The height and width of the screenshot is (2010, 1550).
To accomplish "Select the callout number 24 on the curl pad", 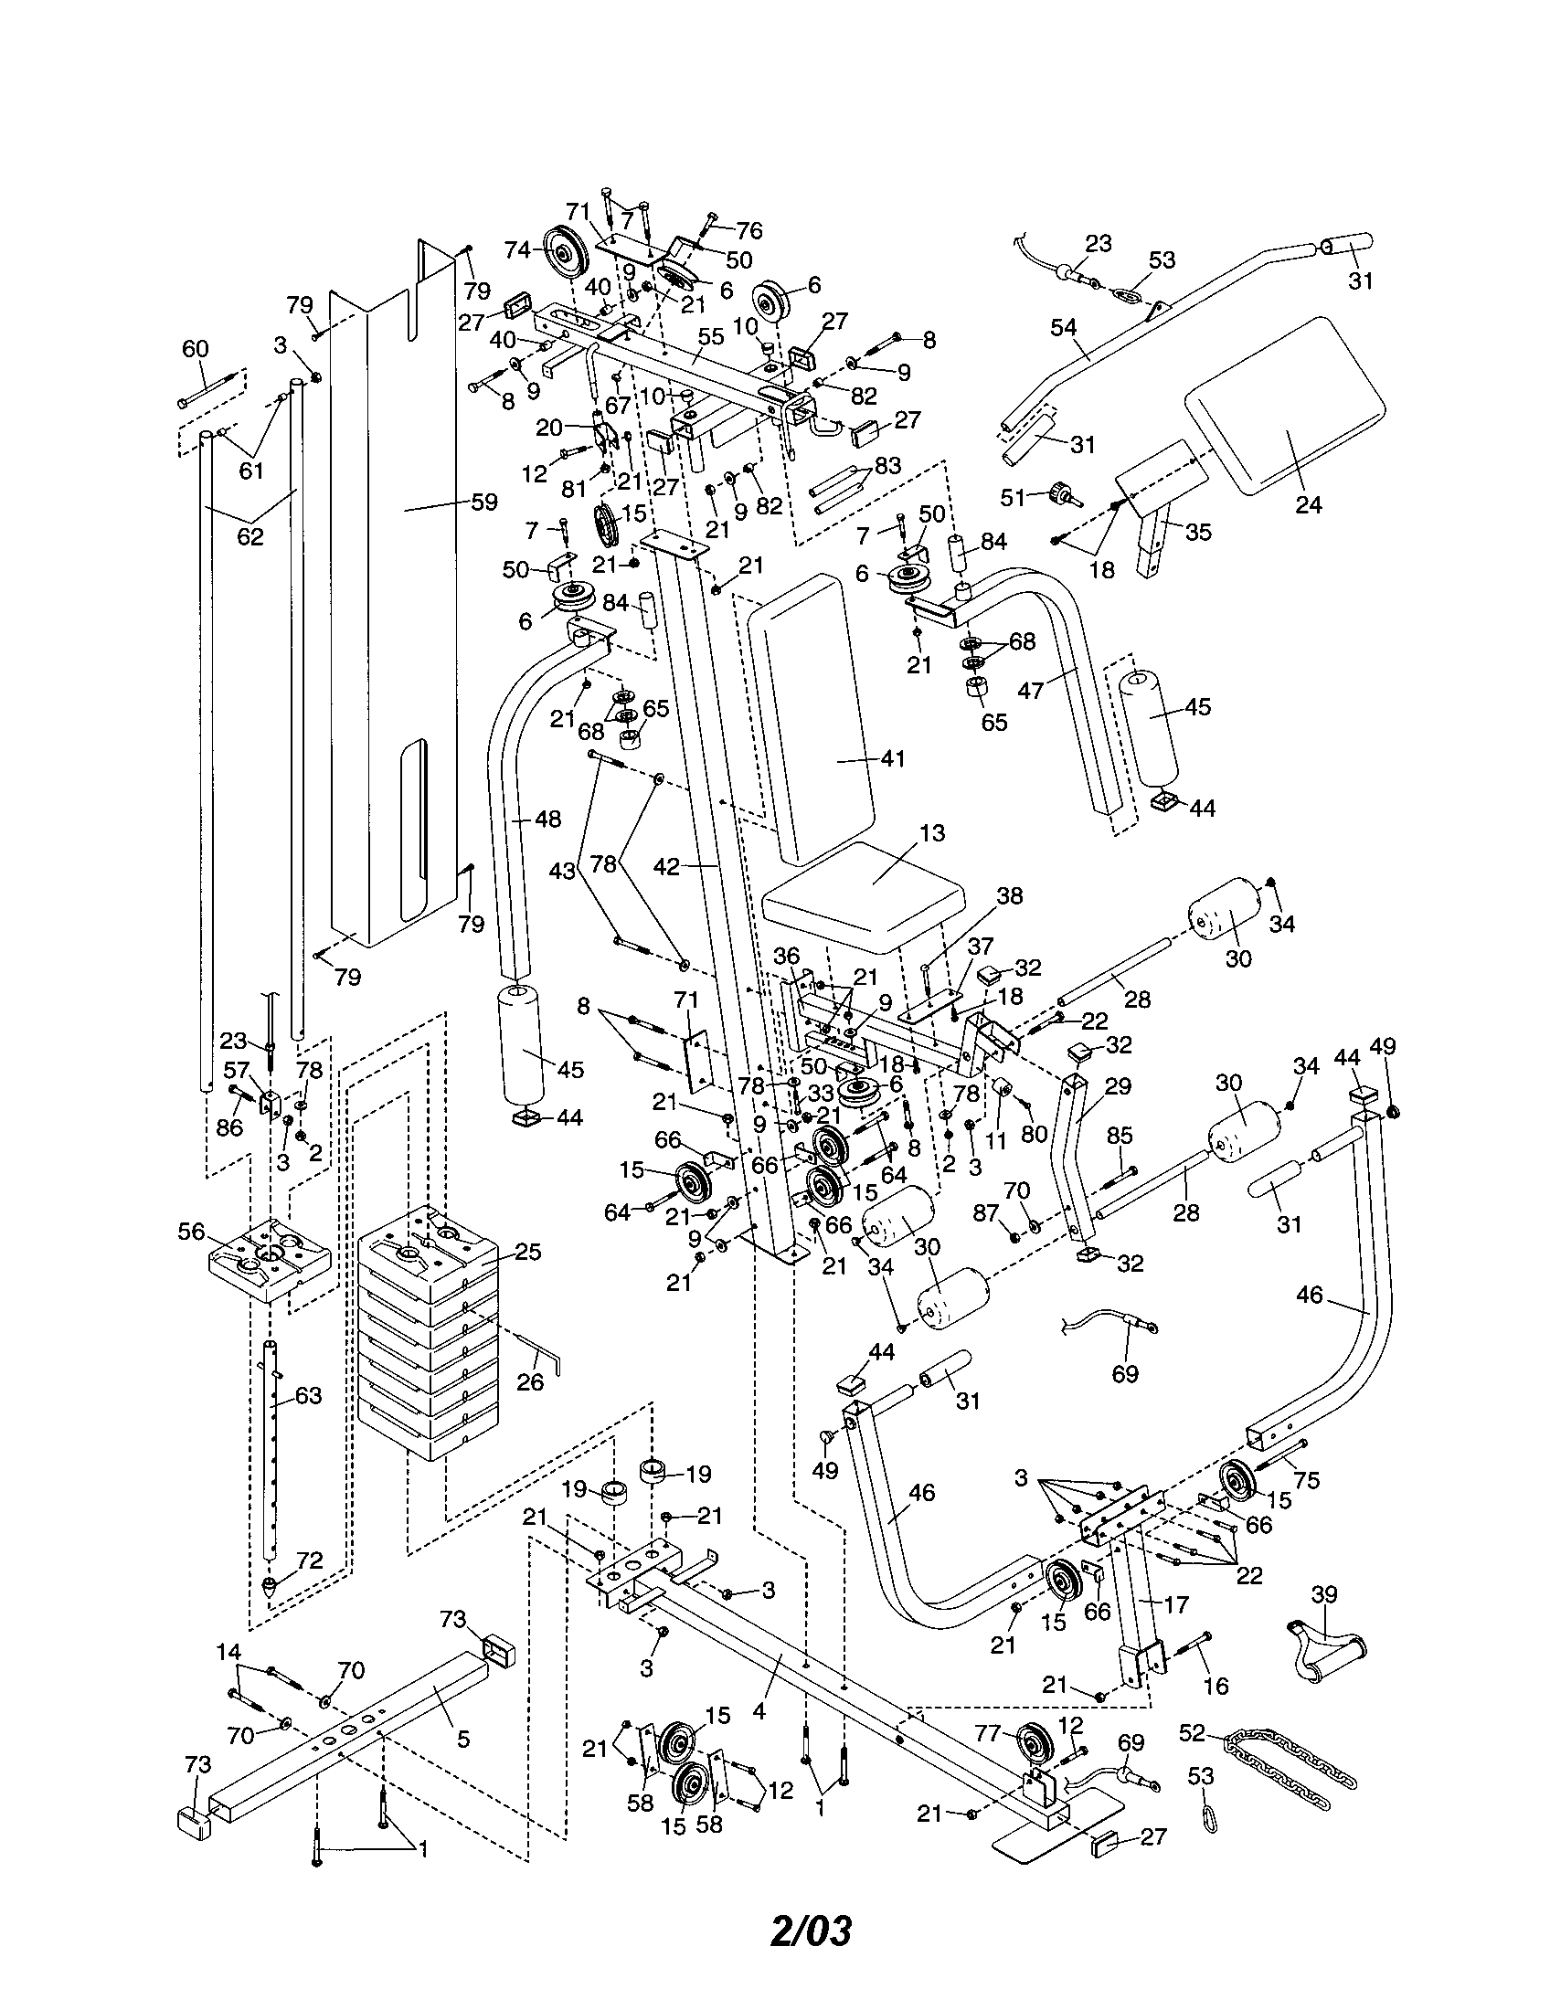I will pyautogui.click(x=1308, y=504).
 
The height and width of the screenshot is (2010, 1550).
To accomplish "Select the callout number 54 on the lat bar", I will pyautogui.click(x=1063, y=326).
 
